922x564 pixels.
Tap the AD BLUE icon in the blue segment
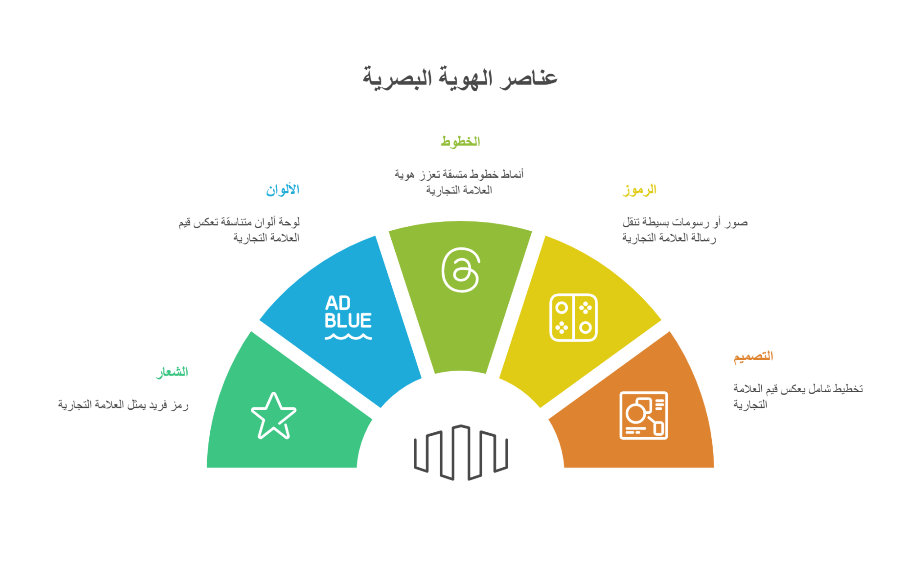pyautogui.click(x=348, y=317)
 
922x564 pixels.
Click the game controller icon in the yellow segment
pyautogui.click(x=573, y=318)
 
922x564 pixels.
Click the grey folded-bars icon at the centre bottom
pyautogui.click(x=461, y=452)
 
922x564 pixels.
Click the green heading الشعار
pyautogui.click(x=172, y=372)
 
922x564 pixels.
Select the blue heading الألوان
pyautogui.click(x=283, y=189)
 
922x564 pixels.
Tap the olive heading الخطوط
pyautogui.click(x=460, y=141)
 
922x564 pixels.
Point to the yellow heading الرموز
pyautogui.click(x=639, y=189)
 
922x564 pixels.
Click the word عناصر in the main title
pyautogui.click(x=529, y=78)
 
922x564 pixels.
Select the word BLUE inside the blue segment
pyautogui.click(x=348, y=321)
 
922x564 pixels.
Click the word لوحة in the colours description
pyautogui.click(x=289, y=222)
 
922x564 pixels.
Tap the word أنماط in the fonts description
pyautogui.click(x=512, y=174)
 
